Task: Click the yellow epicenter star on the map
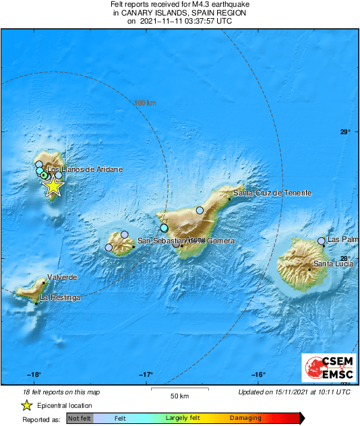click(53, 187)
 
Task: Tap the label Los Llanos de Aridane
click(86, 170)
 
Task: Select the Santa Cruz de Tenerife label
click(272, 193)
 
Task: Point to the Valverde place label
click(62, 277)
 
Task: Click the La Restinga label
click(60, 297)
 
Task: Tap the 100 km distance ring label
click(145, 103)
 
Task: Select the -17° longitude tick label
click(146, 375)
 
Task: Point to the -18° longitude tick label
click(34, 375)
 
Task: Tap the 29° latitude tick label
click(344, 132)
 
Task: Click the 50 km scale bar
click(178, 389)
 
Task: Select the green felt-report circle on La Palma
click(44, 175)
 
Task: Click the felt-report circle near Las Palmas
click(322, 241)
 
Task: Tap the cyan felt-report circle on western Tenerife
click(164, 229)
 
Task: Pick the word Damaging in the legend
click(245, 419)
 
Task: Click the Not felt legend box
click(80, 419)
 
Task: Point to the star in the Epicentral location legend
click(26, 406)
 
